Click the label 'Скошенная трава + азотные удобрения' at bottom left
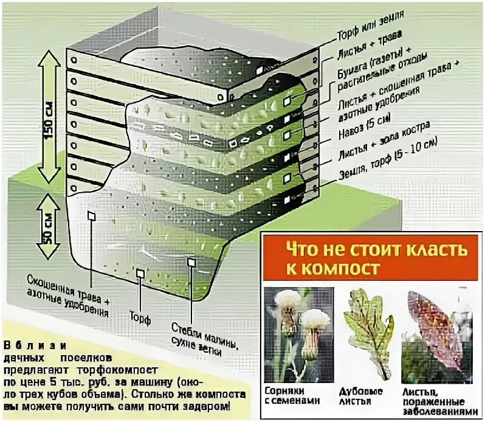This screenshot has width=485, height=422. (x=69, y=296)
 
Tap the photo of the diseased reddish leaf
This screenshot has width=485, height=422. (x=439, y=331)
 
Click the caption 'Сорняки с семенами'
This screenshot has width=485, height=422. (x=292, y=396)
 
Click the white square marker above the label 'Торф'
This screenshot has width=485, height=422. (x=140, y=274)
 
